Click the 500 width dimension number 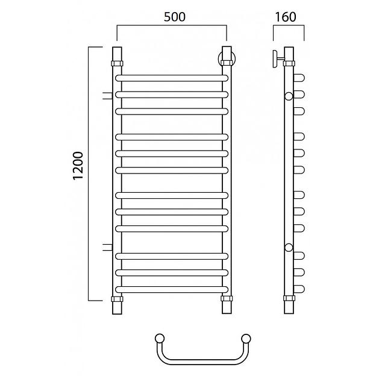(175, 17)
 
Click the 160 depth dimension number (286, 17)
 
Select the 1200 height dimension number (78, 166)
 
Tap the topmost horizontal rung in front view (172, 78)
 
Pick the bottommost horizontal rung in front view (172, 289)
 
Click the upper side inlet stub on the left (107, 96)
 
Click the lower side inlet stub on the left (107, 247)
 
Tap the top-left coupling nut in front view (117, 63)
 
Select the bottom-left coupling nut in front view (117, 299)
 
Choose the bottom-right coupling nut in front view (227, 298)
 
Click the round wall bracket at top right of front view (227, 59)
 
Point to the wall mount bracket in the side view (278, 59)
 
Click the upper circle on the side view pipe (289, 96)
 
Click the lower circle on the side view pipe (289, 248)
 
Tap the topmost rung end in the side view (299, 78)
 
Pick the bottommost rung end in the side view (299, 289)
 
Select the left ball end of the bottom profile (160, 339)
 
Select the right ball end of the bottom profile (246, 339)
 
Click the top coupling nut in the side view (289, 63)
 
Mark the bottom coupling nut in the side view (289, 298)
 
